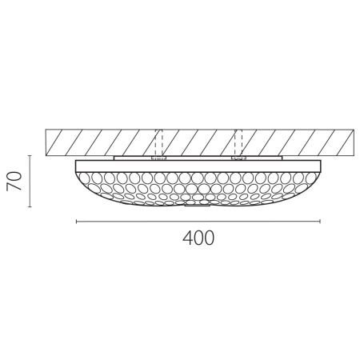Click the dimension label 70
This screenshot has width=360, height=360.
pyautogui.click(x=13, y=181)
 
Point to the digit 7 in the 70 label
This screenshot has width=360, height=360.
pyautogui.click(x=13, y=188)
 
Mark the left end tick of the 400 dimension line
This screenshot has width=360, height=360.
pyautogui.click(x=76, y=220)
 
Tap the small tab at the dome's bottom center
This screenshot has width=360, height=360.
pyautogui.click(x=198, y=205)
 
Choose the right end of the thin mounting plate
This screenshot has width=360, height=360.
pyautogui.click(x=282, y=158)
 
